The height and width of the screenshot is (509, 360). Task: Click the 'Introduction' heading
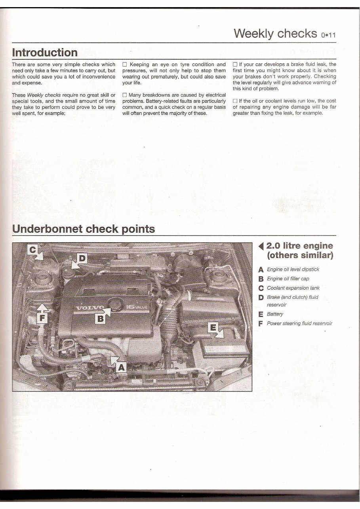click(45, 53)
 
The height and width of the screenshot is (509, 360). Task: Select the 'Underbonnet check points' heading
click(84, 229)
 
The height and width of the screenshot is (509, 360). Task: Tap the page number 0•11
click(328, 35)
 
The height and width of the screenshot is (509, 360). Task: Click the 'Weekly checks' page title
click(275, 33)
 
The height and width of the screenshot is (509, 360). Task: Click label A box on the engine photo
click(121, 368)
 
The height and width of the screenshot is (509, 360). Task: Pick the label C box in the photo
click(33, 250)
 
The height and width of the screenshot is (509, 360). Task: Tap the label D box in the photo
click(82, 258)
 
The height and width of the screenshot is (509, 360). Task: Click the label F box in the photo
click(43, 318)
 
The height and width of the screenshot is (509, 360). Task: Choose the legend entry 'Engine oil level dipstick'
click(293, 270)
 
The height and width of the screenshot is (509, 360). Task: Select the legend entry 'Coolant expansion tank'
click(293, 288)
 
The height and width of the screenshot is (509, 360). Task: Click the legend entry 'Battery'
click(275, 314)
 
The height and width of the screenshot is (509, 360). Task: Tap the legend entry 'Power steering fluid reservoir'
click(299, 323)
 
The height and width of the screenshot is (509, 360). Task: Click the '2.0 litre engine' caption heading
click(299, 246)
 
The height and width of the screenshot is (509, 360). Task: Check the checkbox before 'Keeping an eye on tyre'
click(125, 65)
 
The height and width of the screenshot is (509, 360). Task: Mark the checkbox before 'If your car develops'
click(235, 65)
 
